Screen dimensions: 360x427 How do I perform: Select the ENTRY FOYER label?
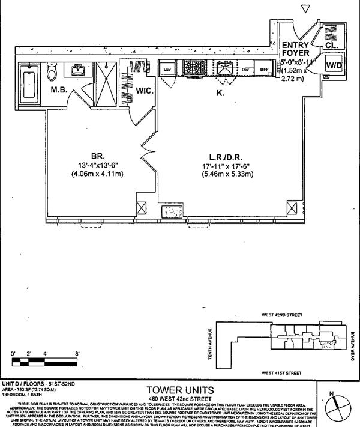pos(295,49)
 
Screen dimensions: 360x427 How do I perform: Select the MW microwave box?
pos(168,70)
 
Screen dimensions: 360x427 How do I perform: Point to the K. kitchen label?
pos(220,93)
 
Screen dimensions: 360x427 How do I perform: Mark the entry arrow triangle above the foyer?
pos(306,8)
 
